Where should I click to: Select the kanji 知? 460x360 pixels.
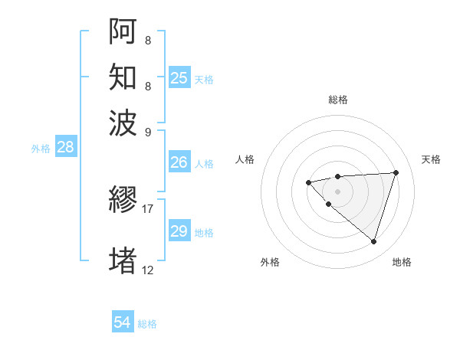point(123,77)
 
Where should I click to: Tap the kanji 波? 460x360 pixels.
point(123,123)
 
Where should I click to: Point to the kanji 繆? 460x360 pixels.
point(123,201)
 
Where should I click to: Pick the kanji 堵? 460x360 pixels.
point(123,260)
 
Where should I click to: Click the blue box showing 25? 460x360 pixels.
point(179,78)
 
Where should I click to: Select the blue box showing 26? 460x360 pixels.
point(179,162)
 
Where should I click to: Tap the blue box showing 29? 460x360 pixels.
point(179,231)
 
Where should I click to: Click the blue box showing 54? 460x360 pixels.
point(123,323)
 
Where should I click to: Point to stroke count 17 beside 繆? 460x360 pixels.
point(147,208)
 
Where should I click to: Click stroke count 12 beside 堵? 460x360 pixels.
point(147,270)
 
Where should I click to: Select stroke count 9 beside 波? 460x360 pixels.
point(147,132)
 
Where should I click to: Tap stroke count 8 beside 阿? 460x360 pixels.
point(147,38)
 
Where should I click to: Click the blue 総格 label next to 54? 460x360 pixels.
point(147,324)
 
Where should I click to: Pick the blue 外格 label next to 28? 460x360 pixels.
point(41,149)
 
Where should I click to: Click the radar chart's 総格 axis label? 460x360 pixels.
point(337,100)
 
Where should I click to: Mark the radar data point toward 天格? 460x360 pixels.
point(396,172)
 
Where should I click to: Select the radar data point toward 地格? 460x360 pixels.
point(373,242)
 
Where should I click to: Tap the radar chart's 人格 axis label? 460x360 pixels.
point(245,159)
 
